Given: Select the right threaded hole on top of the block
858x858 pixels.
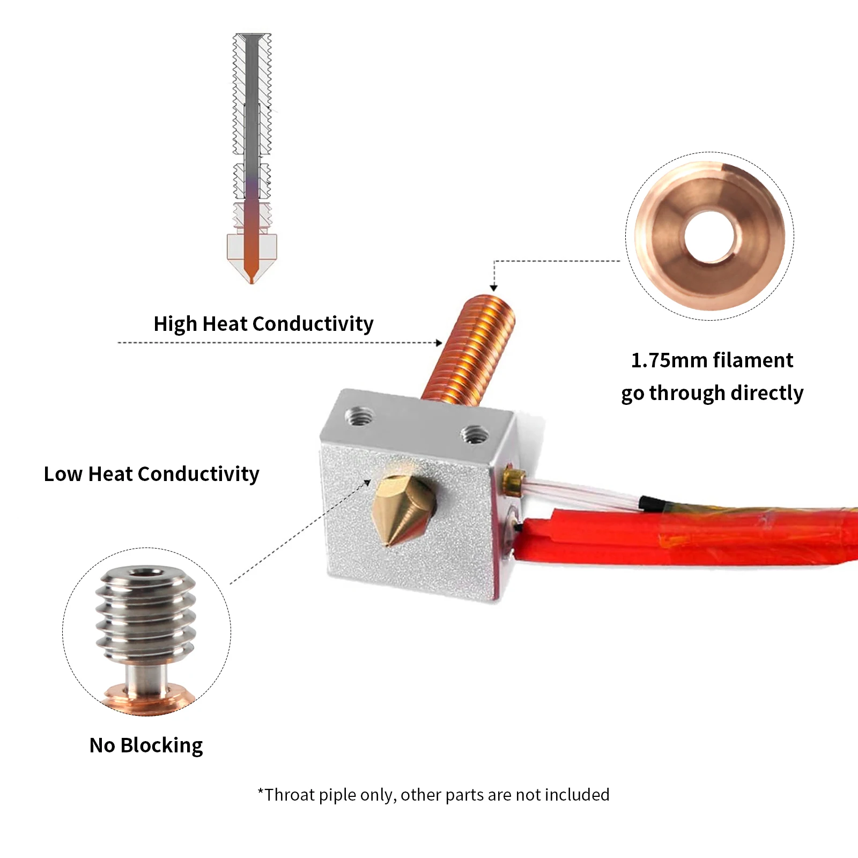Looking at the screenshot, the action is coord(474,434).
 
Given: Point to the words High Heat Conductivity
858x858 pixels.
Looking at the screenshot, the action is coord(263,324).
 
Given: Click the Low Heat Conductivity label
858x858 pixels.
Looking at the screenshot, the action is coord(151,474).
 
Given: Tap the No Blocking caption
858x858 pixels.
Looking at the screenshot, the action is coord(146,745).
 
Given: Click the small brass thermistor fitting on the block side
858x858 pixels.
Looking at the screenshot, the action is coord(514,479).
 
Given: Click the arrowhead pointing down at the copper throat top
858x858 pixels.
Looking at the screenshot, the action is coord(494,287).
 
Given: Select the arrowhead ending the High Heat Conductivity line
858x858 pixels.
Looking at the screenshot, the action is coord(439,343).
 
